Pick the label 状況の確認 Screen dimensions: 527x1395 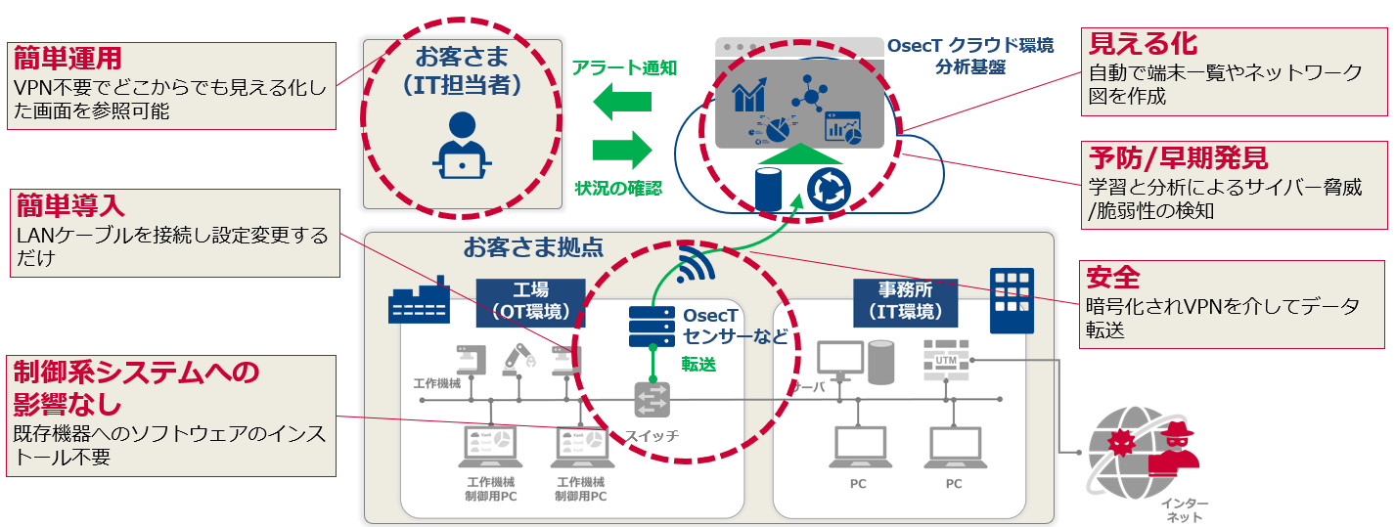[x=618, y=187]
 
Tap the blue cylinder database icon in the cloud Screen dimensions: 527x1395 [x=771, y=190]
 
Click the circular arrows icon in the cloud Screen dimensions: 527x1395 [x=828, y=189]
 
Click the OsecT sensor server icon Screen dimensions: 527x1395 [x=652, y=328]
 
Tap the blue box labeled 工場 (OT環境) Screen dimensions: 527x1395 [x=530, y=302]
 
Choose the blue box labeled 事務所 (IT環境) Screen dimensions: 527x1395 [x=904, y=302]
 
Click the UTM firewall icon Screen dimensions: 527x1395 [x=946, y=361]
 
